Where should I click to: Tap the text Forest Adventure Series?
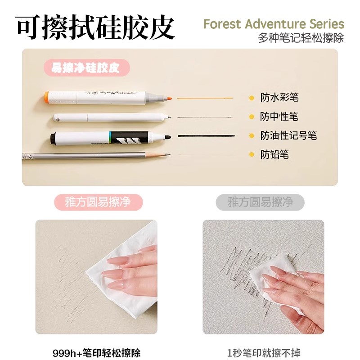tap(274, 24)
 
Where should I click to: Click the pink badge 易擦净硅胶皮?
tap(85, 68)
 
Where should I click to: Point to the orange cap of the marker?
tap(47, 95)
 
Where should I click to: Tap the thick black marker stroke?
tap(207, 135)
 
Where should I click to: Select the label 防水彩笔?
tap(279, 97)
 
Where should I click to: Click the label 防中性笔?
tap(279, 117)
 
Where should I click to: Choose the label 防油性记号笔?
tap(288, 135)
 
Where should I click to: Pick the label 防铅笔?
tap(274, 155)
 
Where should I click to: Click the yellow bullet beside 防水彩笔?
tap(252, 98)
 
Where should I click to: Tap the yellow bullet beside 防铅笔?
tap(252, 155)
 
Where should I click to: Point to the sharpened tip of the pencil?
tap(167, 155)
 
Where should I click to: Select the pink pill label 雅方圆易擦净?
tap(92, 202)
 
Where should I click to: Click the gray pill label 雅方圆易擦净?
tap(260, 202)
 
